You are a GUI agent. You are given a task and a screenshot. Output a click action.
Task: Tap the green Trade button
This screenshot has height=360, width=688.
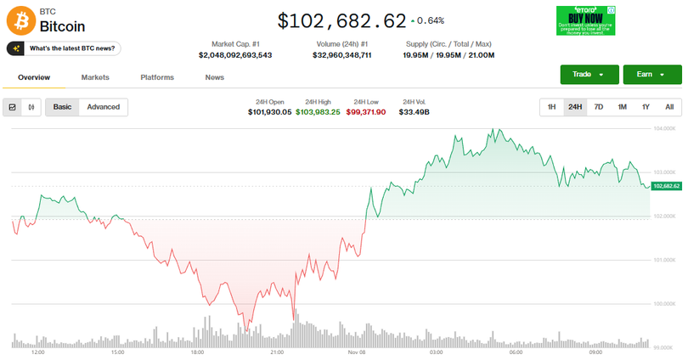coord(589,75)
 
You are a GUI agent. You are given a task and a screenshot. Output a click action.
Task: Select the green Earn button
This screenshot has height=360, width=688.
coord(651,75)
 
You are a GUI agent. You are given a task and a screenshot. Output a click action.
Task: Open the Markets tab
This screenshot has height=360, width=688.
coord(95,77)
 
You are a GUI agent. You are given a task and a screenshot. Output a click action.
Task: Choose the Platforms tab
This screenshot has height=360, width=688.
coord(157,77)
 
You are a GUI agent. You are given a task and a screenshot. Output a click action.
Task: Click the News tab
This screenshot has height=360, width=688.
coord(215,77)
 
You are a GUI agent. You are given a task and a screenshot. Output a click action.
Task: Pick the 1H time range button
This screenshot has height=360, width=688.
coord(551,107)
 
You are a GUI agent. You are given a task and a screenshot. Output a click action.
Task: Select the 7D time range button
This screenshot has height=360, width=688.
coord(599,107)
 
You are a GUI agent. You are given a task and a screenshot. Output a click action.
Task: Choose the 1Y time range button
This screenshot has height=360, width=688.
coord(646,107)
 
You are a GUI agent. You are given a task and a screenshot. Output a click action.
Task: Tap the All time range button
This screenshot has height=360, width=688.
coord(669,107)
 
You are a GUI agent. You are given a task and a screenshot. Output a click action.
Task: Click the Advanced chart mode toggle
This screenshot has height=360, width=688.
coord(104,107)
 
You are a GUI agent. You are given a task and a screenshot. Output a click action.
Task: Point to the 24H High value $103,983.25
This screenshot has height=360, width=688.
coord(318,111)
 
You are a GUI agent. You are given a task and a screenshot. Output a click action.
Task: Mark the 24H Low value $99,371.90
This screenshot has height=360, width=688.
coord(366,111)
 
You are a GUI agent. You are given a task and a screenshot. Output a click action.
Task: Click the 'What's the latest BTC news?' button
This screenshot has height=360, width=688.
coord(65,48)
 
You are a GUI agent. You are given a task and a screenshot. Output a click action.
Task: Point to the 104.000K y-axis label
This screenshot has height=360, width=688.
coord(663,128)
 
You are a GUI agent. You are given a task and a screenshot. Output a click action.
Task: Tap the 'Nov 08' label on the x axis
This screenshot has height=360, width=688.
coord(356,352)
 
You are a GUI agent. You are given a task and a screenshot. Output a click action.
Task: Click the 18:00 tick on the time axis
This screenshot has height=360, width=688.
coord(197,352)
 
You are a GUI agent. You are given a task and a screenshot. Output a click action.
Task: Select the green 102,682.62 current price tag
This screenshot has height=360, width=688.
coord(667,186)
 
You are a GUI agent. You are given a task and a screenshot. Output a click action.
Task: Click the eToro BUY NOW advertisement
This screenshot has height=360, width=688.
coord(585,20)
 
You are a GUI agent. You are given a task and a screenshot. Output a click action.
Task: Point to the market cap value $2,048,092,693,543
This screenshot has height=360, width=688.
coord(235,55)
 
